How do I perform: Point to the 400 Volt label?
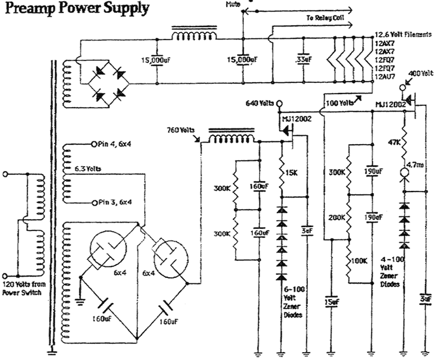[x=419, y=74]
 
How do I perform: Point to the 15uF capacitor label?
[x=332, y=303]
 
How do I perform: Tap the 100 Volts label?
[x=341, y=104]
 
